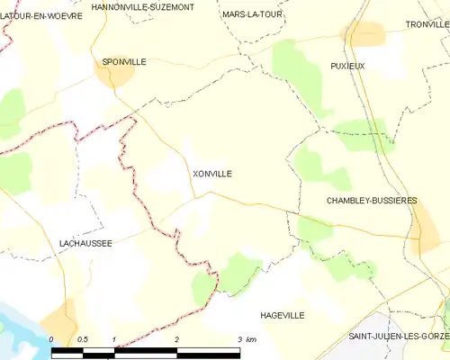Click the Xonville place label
211,174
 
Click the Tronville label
427,24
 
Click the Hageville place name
282,315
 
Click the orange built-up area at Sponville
114,74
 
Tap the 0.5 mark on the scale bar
82,339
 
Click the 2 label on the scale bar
177,339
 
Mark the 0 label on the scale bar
52,339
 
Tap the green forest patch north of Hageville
236,272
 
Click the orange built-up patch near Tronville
364,34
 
